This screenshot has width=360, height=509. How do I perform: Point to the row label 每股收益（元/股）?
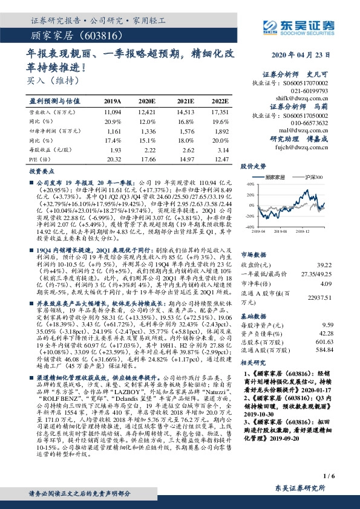(x=48, y=148)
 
